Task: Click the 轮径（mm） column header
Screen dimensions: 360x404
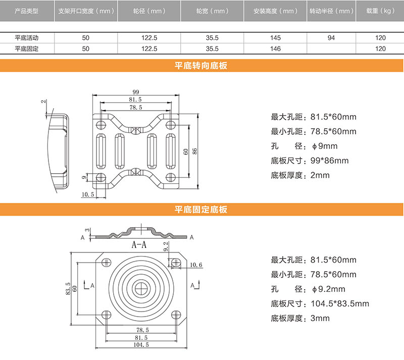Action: coord(149,11)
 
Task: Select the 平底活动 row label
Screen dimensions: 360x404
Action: coord(27,38)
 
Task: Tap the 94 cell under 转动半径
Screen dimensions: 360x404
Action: coord(331,38)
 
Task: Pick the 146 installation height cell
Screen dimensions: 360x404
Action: coord(275,48)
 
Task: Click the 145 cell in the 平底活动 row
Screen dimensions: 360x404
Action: coord(275,38)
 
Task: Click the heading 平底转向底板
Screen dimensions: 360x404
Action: coord(201,66)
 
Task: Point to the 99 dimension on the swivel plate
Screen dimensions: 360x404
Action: coord(136,92)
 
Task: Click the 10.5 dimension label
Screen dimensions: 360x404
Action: coord(88,194)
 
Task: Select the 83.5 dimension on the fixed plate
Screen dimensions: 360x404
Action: coord(68,288)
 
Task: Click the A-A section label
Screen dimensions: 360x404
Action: coord(139,246)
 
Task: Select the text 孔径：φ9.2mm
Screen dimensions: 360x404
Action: coord(308,289)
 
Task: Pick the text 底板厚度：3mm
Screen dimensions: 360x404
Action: coord(300,318)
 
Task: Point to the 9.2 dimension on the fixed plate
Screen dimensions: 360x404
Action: coord(167,247)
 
